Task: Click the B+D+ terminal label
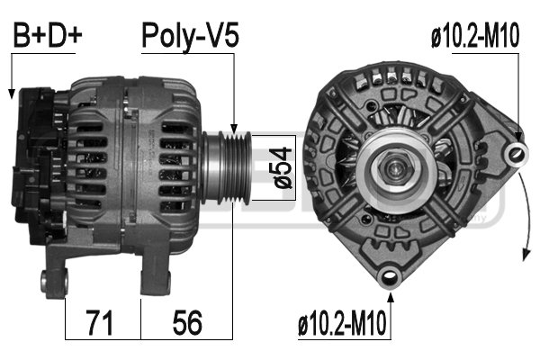(47, 36)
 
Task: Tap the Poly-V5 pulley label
(190, 36)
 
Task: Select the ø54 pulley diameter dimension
(280, 167)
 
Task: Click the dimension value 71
(103, 321)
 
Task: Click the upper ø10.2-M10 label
(475, 36)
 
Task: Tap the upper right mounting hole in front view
(517, 152)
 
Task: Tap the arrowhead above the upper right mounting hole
(519, 135)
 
